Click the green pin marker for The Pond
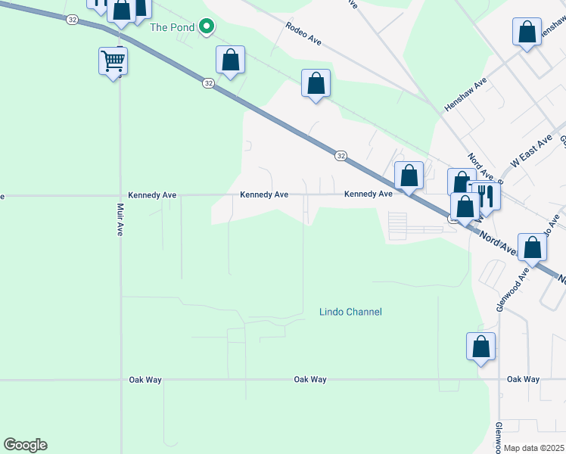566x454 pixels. click(206, 28)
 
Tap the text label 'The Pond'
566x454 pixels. click(173, 28)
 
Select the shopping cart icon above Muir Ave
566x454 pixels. click(113, 61)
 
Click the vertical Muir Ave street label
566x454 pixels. click(120, 219)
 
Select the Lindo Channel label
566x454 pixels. click(350, 312)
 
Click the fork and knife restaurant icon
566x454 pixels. click(485, 197)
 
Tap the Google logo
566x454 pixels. click(25, 445)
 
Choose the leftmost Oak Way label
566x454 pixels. click(141, 379)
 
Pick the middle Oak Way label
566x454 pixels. click(310, 379)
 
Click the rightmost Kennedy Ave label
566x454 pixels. click(368, 194)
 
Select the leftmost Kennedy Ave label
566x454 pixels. click(152, 194)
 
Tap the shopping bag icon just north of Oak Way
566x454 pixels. click(480, 347)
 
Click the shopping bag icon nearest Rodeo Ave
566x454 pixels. click(316, 83)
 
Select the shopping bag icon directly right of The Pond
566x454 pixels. click(231, 61)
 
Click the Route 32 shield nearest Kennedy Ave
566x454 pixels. click(341, 155)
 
